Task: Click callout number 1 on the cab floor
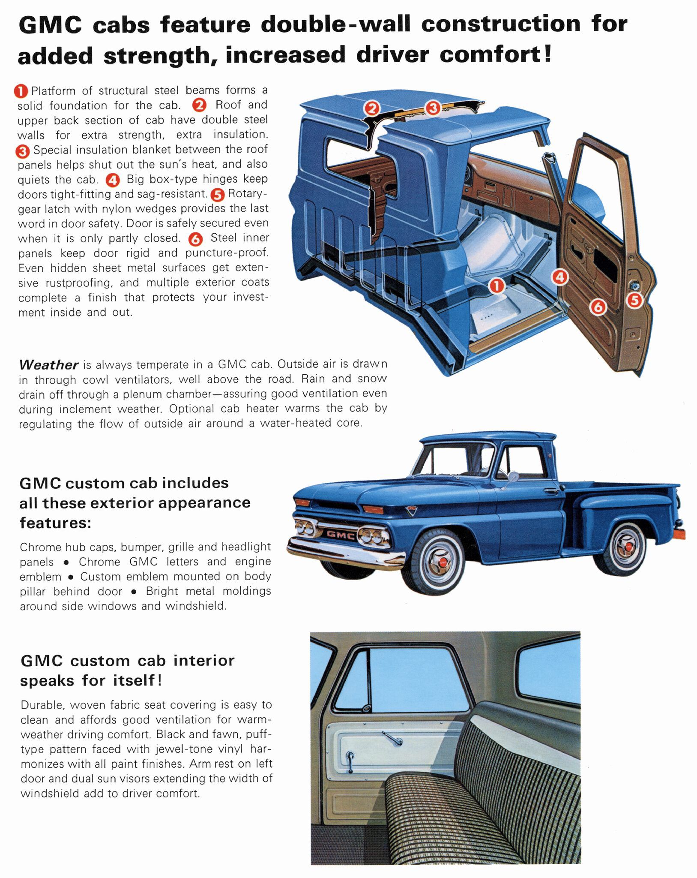[x=497, y=286]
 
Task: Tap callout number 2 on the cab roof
[x=372, y=108]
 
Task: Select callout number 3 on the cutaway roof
[x=433, y=108]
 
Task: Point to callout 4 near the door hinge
[x=560, y=277]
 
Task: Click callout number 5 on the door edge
[x=634, y=300]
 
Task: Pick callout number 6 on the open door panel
[x=598, y=307]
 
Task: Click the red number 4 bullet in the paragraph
[x=113, y=180]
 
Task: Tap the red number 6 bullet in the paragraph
[x=195, y=239]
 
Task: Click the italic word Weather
[x=48, y=365]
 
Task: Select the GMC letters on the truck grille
[x=341, y=535]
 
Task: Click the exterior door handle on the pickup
[x=550, y=490]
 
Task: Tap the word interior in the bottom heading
[x=203, y=661]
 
